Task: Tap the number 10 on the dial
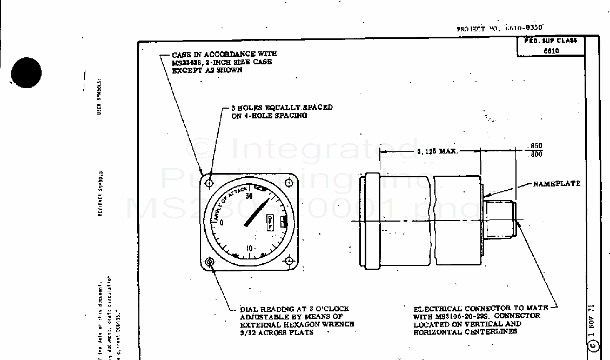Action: tap(250, 248)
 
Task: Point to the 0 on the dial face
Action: tap(221, 223)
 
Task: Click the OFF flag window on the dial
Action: tap(269, 221)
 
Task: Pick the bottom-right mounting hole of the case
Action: tap(289, 262)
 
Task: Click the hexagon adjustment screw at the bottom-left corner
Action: tap(210, 262)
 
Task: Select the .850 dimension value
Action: tap(535, 146)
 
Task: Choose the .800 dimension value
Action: tap(535, 155)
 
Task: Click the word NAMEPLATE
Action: tap(557, 184)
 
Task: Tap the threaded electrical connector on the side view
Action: tap(500, 220)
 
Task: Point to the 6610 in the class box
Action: tap(551, 51)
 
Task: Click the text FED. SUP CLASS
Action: tap(551, 41)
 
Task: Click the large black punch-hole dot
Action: tap(25, 72)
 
